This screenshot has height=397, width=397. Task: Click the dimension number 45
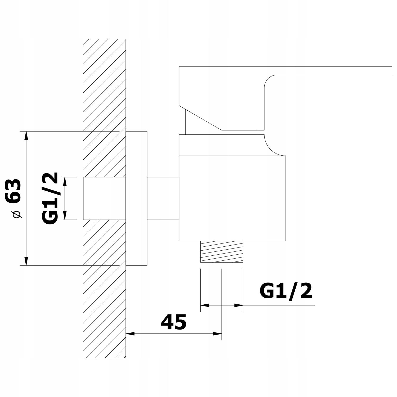pos(174,322)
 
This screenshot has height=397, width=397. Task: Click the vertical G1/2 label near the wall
pos(50,198)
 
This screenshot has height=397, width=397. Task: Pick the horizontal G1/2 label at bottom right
pos(286,291)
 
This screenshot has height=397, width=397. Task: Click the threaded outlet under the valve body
pos(222,251)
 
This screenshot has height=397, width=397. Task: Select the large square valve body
pos(232,198)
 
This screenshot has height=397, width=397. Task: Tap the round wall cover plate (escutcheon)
pos(136,198)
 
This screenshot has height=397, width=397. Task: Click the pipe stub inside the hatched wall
pos(104,198)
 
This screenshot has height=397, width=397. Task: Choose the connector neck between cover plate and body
pos(163,198)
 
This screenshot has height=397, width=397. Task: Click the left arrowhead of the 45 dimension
pos(130,333)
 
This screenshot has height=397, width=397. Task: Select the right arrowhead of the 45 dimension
pos(217,333)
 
